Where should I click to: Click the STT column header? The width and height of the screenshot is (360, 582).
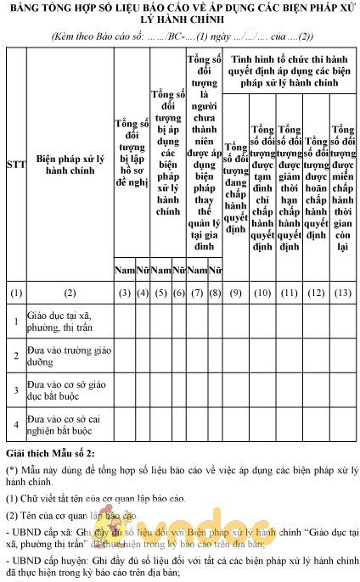point(14,164)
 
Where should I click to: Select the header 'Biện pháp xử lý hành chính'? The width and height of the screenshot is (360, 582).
point(70,164)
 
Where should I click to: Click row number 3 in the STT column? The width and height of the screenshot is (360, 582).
point(14,390)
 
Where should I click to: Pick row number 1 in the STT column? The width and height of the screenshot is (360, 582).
point(14,322)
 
